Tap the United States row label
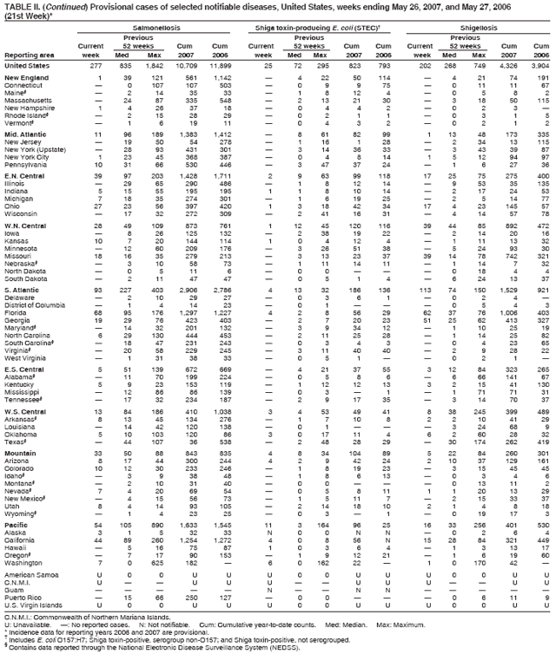point(26,65)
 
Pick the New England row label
point(25,79)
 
